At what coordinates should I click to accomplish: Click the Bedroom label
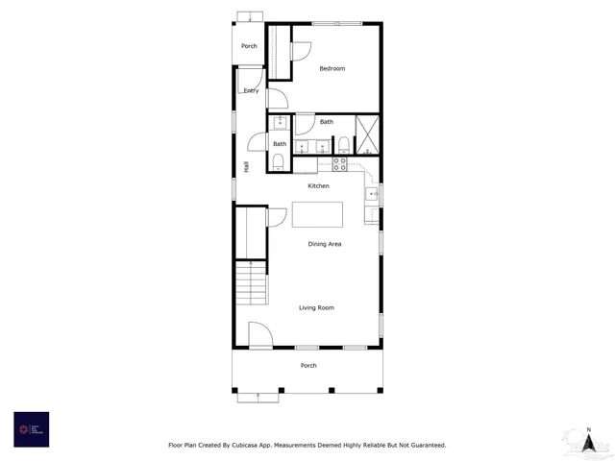tap(332, 68)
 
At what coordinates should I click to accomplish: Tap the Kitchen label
tap(318, 185)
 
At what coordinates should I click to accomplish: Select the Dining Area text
tap(325, 244)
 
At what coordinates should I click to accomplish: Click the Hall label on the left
tap(247, 166)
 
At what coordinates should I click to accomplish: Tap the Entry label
tap(251, 90)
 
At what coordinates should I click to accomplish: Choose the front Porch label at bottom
tap(308, 366)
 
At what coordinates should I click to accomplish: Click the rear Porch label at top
tap(249, 46)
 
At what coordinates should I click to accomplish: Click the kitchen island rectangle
tap(317, 213)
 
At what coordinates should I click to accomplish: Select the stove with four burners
tap(339, 164)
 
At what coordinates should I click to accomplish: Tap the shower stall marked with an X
tap(367, 135)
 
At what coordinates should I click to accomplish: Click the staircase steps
tap(250, 283)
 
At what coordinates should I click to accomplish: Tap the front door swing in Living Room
tap(260, 334)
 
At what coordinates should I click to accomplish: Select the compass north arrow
tap(588, 439)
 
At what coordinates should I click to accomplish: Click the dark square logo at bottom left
tap(31, 429)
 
